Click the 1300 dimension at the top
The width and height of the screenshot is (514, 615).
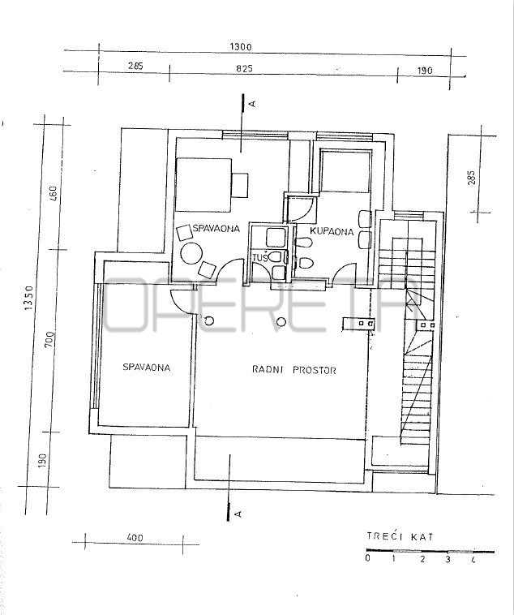pos(240,47)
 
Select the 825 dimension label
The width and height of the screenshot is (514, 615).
pos(244,69)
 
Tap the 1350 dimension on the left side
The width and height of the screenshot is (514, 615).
pos(29,298)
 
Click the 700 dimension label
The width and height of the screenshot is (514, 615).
pos(49,340)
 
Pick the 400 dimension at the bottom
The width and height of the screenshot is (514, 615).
pos(135,538)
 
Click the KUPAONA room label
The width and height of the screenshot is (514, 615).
pos(332,231)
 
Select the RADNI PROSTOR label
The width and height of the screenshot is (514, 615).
pos(294,370)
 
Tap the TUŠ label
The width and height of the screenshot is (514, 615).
pos(260,258)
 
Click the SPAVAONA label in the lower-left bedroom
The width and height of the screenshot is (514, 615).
pos(147,367)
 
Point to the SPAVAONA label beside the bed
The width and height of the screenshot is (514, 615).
pos(216,228)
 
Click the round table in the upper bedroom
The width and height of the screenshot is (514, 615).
pos(191,254)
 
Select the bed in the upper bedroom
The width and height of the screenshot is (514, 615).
pos(203,185)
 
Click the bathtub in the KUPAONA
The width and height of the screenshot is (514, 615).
pos(345,171)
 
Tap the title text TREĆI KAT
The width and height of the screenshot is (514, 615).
pos(400,536)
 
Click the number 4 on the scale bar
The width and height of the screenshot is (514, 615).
pos(473,560)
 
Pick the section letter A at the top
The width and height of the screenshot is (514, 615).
pos(253,104)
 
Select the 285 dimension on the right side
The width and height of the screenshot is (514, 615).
pos(471,178)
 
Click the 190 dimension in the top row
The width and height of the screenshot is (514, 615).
pos(425,71)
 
